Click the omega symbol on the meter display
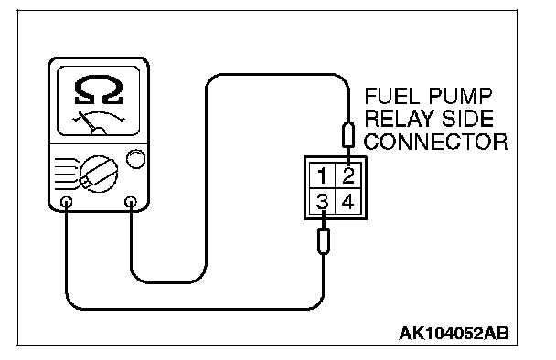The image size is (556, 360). (x=99, y=90)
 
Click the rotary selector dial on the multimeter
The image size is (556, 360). (x=99, y=174)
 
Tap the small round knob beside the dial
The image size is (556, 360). (x=136, y=159)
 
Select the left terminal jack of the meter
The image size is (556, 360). (x=67, y=202)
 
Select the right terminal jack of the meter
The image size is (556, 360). (x=131, y=202)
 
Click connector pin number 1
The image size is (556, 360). (x=322, y=176)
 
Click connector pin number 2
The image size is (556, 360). (x=348, y=176)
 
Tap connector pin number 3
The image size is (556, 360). (x=322, y=202)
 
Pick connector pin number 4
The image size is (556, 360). (x=347, y=202)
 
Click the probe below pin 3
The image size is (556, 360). (x=323, y=234)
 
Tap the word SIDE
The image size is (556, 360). (x=468, y=119)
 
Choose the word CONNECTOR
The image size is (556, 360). (x=436, y=142)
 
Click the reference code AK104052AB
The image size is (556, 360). (x=454, y=334)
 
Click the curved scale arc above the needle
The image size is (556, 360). (x=99, y=115)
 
